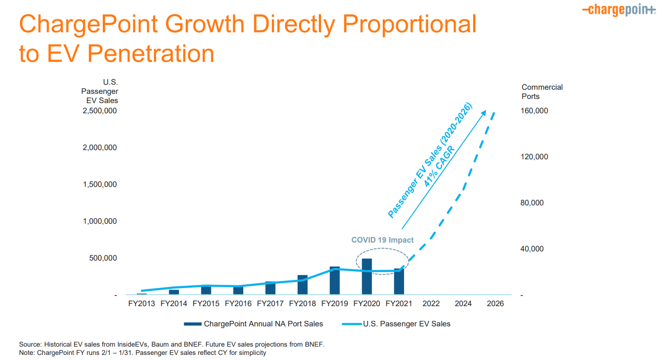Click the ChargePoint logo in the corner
(619, 10)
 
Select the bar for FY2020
(367, 277)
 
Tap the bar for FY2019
(334, 280)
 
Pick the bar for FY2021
(399, 282)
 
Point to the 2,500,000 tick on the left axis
(100, 111)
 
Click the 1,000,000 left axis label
(100, 221)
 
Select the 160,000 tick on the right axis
(535, 111)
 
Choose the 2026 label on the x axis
(495, 304)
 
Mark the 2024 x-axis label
(463, 304)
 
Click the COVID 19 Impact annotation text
(382, 240)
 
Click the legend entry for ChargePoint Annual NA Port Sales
(263, 324)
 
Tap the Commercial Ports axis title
(542, 92)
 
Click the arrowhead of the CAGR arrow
(484, 112)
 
